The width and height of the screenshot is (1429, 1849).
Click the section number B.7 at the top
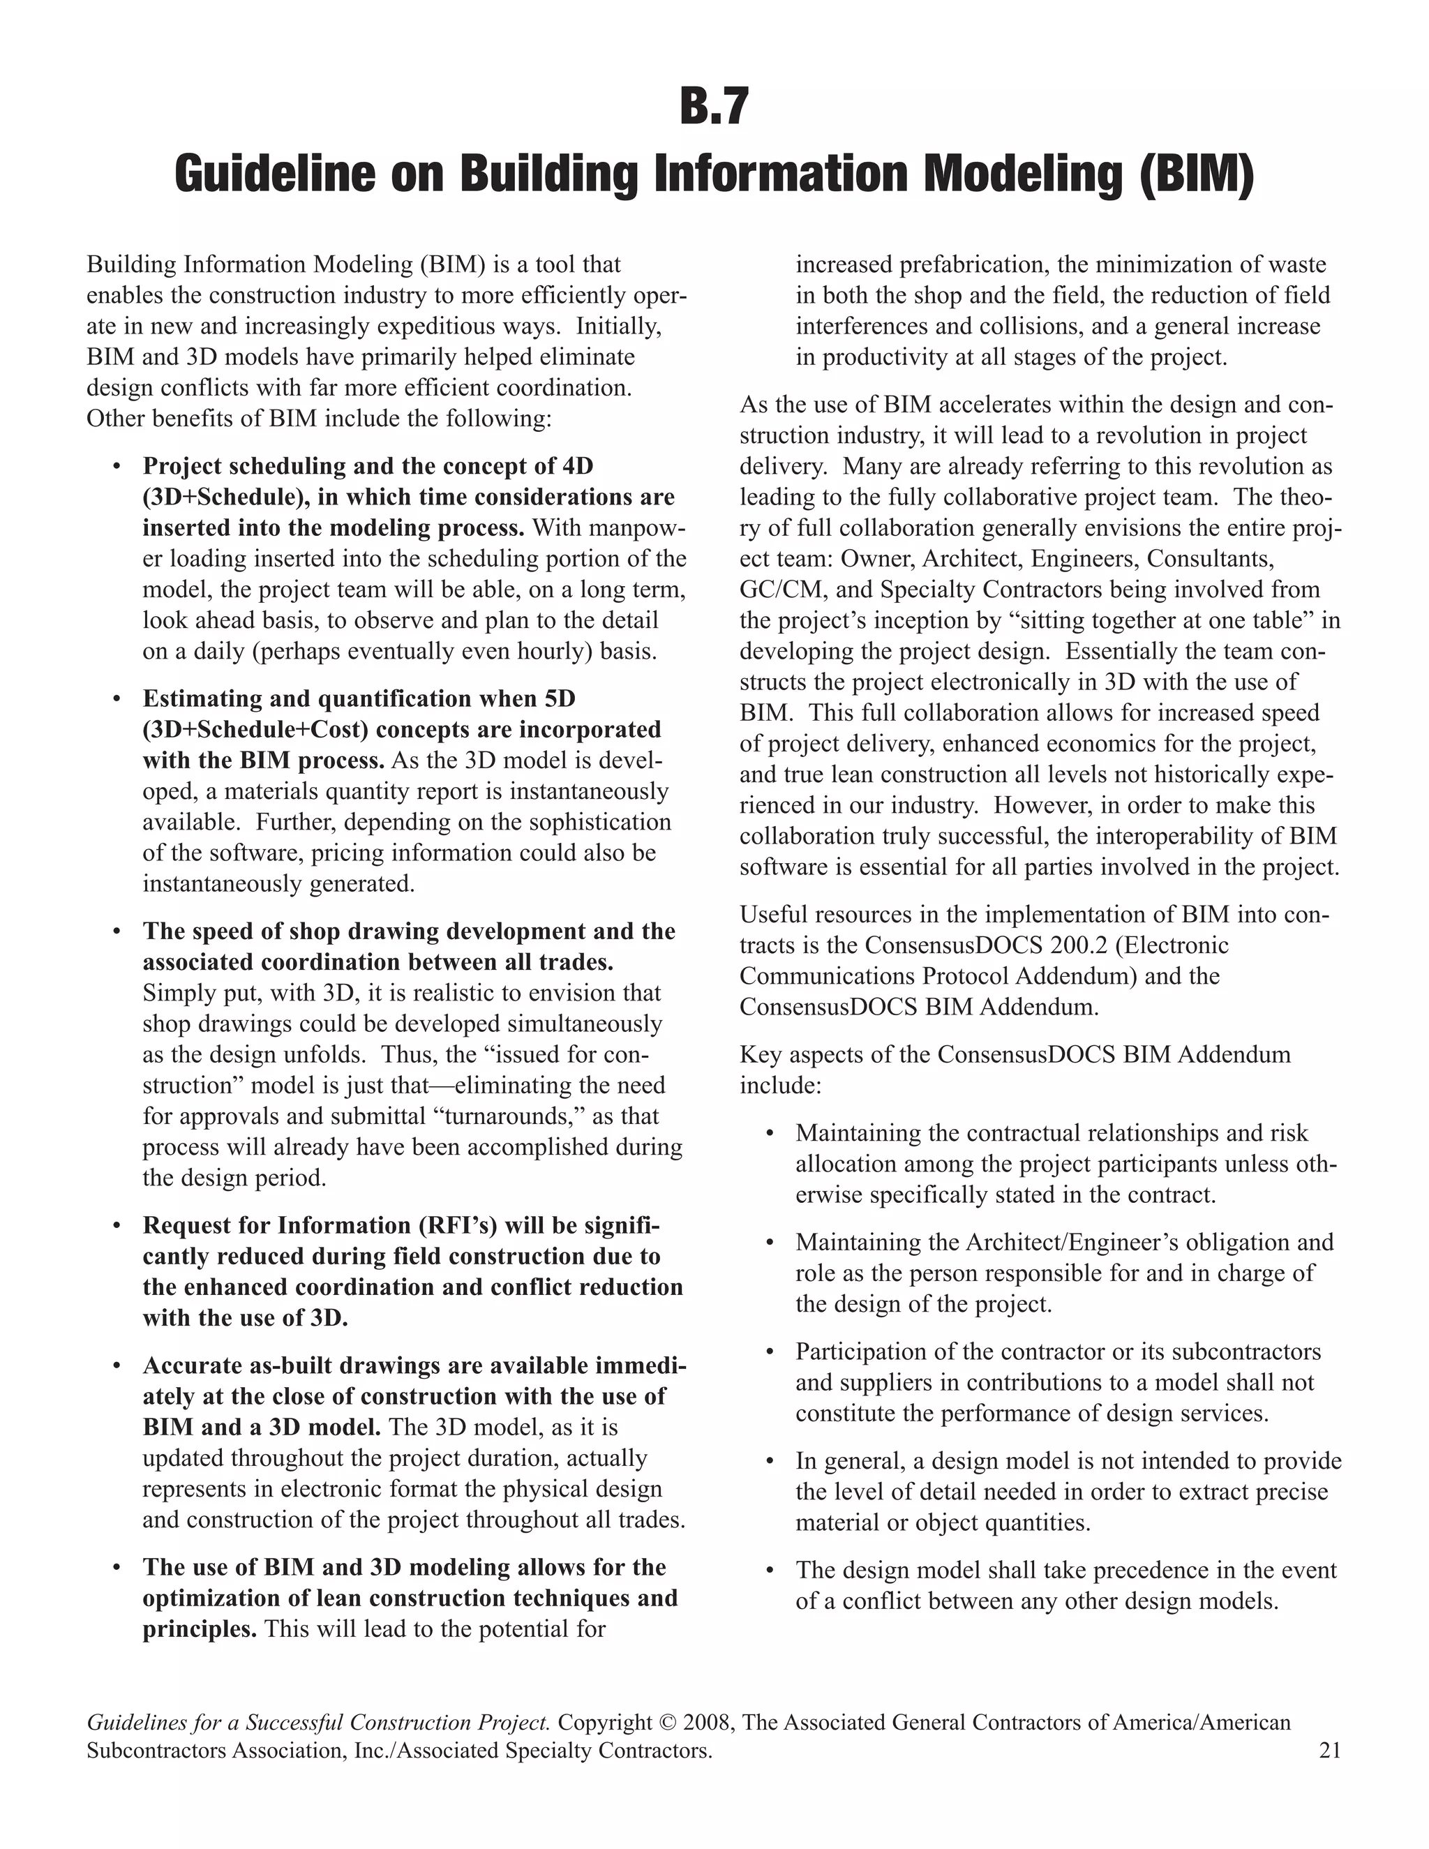click(x=714, y=107)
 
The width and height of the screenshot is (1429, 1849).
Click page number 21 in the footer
click(x=1329, y=1750)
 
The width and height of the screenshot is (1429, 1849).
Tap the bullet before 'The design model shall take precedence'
click(x=770, y=1571)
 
